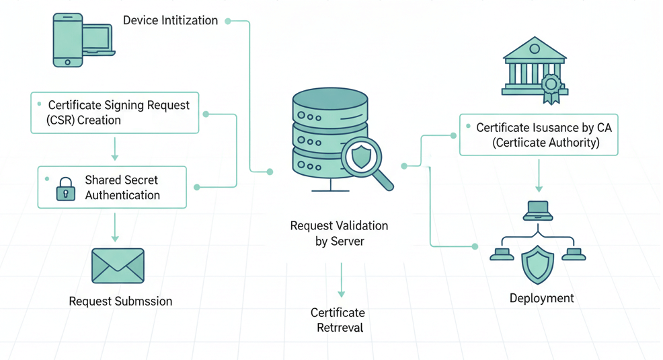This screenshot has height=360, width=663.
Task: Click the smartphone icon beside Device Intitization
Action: coord(67,40)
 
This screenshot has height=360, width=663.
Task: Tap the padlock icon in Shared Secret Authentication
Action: coord(65,189)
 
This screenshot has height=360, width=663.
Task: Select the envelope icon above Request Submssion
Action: coord(118,266)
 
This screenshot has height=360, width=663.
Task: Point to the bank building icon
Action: coord(534,67)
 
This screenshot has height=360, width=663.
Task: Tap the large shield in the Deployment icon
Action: coord(538,264)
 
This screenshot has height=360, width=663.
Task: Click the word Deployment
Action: coord(541,298)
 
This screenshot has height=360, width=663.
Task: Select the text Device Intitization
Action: coord(170,20)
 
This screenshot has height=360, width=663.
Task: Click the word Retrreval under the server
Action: coord(340,328)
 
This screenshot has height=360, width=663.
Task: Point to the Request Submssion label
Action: coord(120,301)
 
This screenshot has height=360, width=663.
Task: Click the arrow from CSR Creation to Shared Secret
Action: coord(115,149)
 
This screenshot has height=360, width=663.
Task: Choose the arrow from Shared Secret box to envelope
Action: coord(115,227)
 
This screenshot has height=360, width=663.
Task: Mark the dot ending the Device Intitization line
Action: coord(228,21)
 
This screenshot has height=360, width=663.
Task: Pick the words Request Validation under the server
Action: coord(339,226)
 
